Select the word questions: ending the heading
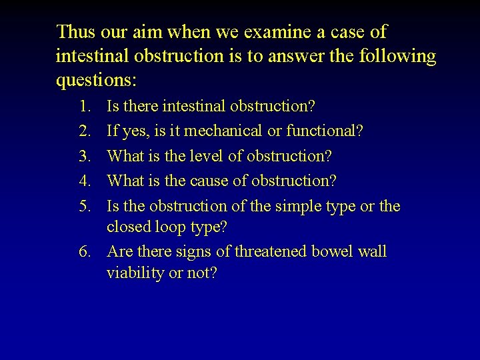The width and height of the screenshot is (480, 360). point(97,81)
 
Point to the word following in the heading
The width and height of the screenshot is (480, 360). point(399,56)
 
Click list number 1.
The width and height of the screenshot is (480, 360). point(84,106)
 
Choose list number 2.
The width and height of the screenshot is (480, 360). point(84,131)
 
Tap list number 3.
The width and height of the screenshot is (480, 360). point(84,156)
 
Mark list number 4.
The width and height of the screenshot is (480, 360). point(84,181)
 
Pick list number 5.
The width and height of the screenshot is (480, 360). point(84,206)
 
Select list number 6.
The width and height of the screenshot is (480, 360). point(84,252)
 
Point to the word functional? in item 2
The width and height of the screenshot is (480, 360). point(325,131)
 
